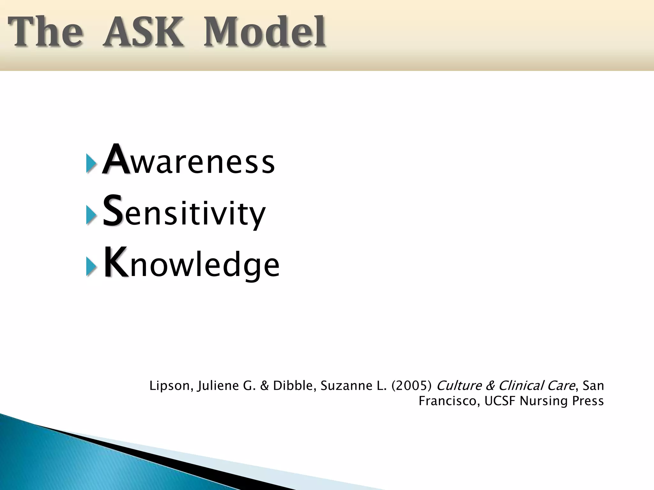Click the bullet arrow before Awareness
tap(91, 163)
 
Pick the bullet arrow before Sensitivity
tap(91, 214)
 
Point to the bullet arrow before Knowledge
tap(91, 265)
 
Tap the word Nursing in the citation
tap(541, 401)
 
